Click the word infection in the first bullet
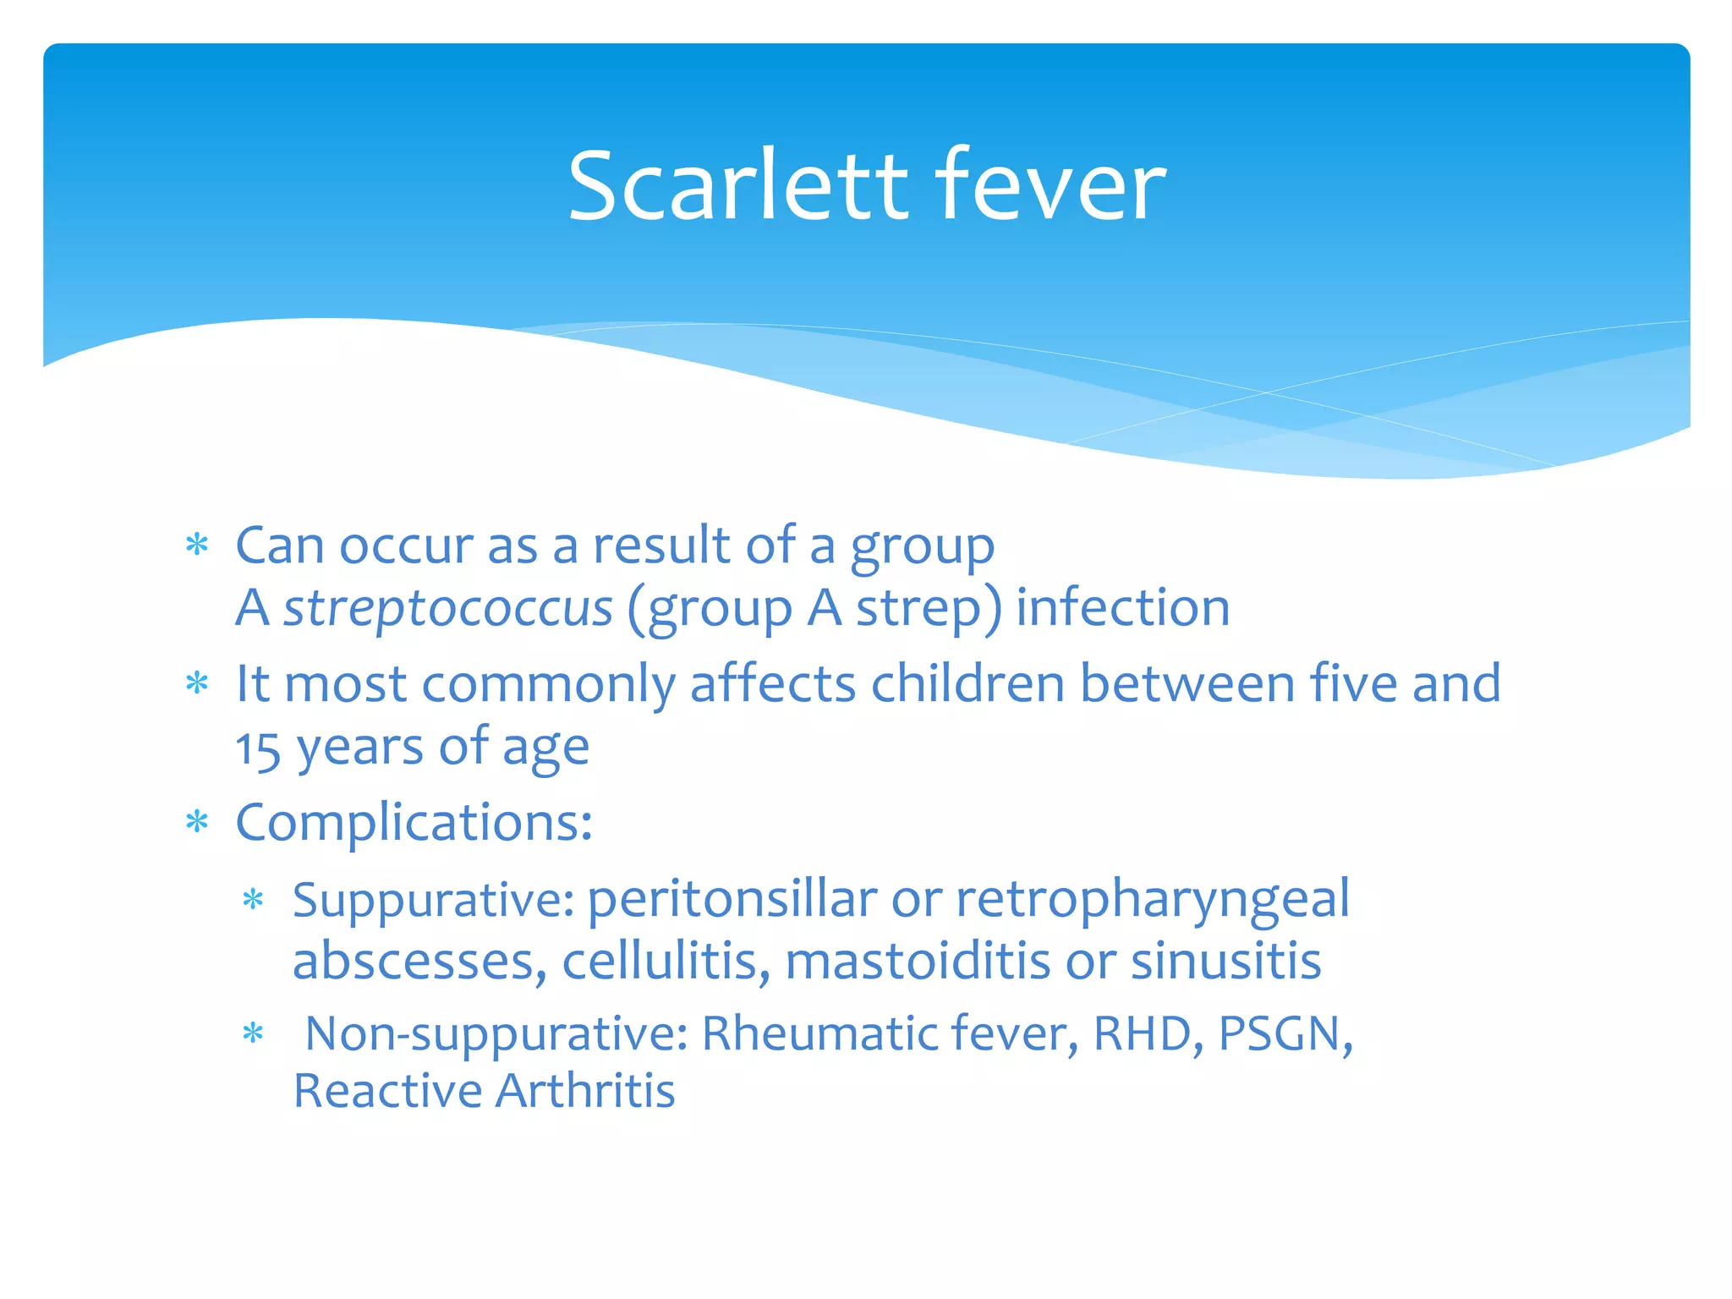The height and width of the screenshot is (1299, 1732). (1122, 607)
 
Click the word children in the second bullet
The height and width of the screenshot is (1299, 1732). (967, 683)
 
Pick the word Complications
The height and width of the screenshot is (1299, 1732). (413, 823)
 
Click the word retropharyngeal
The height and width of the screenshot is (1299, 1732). (1152, 900)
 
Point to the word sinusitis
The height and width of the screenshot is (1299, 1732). (1225, 962)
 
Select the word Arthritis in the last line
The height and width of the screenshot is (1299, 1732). (585, 1091)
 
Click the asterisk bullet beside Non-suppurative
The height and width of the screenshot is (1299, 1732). (253, 1033)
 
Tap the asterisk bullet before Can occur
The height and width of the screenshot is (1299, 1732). (197, 545)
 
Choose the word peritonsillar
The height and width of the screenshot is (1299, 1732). (732, 900)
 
